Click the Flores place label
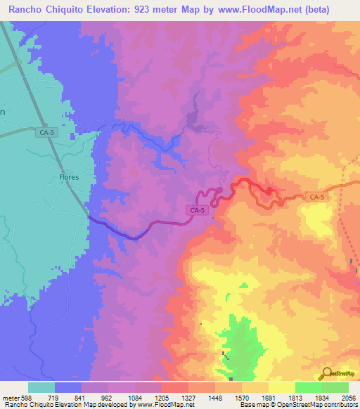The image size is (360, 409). (x=64, y=178)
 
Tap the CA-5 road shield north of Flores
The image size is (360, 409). (x=47, y=131)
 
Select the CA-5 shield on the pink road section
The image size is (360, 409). (x=198, y=210)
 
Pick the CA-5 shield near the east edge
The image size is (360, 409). (x=317, y=197)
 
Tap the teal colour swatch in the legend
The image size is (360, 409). (x=41, y=387)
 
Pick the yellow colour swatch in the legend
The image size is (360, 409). (x=281, y=387)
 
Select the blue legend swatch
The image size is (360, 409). (x=68, y=387)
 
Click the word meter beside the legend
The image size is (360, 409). (x=9, y=398)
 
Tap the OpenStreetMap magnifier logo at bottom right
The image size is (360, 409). (x=326, y=373)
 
